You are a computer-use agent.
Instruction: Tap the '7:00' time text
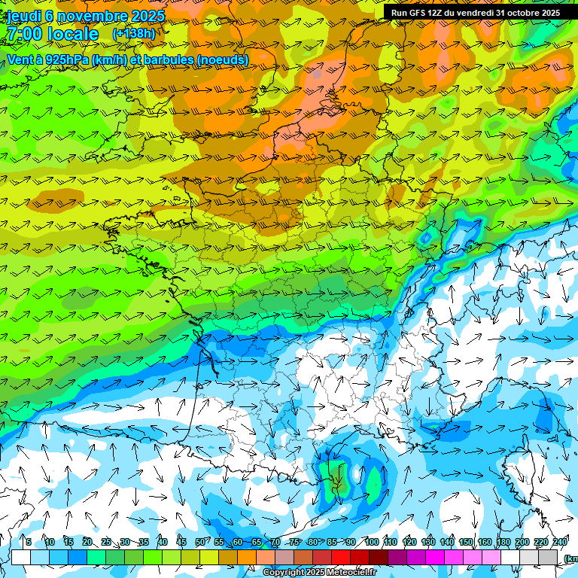[x=24, y=35]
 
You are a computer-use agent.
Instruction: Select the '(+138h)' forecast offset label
[x=134, y=34]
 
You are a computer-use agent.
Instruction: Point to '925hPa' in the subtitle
[x=67, y=59]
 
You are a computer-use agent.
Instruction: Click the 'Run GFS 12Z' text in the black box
[x=421, y=13]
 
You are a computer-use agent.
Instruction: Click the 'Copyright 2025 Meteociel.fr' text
[x=319, y=573]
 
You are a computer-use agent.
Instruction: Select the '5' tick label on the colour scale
[x=29, y=543]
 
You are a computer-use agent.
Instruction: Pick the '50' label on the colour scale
[x=199, y=543]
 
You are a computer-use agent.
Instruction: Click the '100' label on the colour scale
[x=371, y=543]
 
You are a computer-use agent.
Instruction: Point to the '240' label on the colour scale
[x=559, y=543]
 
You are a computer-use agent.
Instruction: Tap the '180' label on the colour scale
[x=503, y=543]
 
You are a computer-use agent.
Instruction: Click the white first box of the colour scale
[x=21, y=557]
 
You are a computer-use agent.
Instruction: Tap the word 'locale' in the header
[x=72, y=35]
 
